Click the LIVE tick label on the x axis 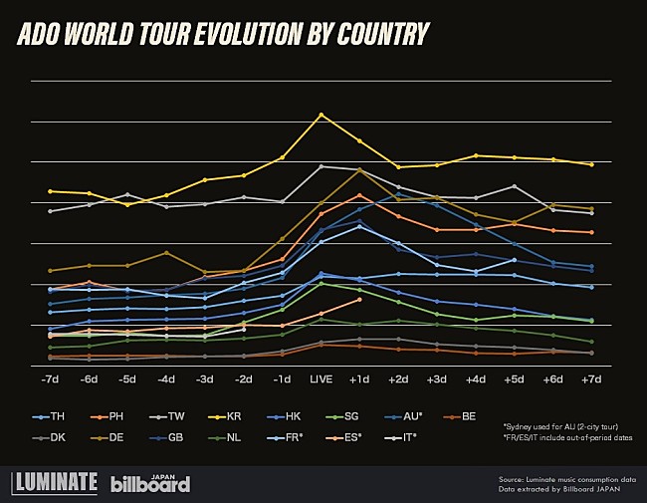[x=321, y=379]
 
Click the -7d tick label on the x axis [x=51, y=379]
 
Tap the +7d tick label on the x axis [x=591, y=379]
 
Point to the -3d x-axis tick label [x=205, y=379]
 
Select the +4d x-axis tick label [x=476, y=379]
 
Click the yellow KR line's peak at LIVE [x=321, y=115]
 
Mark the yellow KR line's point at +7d [x=591, y=164]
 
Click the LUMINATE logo [x=55, y=483]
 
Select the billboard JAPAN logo [x=150, y=483]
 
